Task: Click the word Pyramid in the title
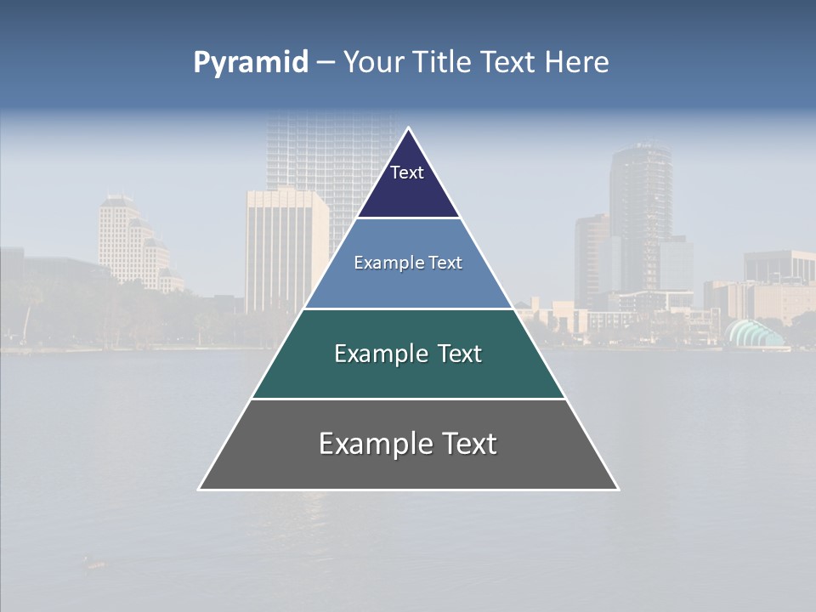pos(250,63)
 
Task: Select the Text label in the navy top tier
pos(407,173)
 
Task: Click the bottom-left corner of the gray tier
pos(199,489)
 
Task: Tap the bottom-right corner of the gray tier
pos(618,489)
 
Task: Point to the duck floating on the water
pos(94,562)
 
